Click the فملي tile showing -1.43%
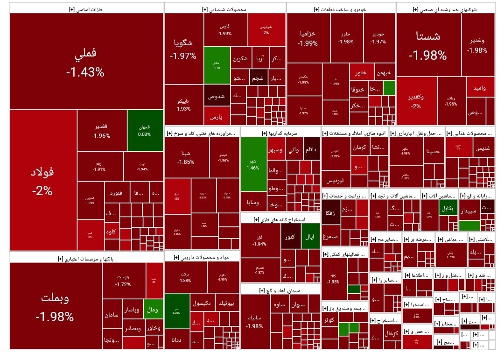[85, 63]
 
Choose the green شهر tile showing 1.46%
[253, 164]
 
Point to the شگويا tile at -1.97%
[183, 49]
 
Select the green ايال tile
[310, 237]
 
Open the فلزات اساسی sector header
[85, 9]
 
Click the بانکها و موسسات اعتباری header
[85, 258]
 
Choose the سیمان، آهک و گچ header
[280, 290]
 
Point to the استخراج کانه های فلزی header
[280, 219]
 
